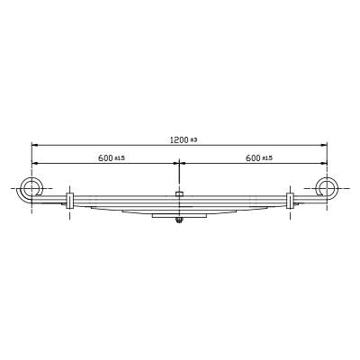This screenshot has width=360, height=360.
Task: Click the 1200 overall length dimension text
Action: tap(179, 139)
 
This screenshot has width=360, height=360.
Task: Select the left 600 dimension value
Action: tap(105, 157)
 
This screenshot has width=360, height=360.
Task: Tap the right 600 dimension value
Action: tap(253, 157)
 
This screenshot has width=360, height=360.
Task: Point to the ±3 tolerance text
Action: tap(193, 140)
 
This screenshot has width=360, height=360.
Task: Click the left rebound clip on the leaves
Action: tap(69, 201)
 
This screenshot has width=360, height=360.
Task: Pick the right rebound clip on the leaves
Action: tap(290, 201)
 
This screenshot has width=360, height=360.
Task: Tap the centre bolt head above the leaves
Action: tap(179, 193)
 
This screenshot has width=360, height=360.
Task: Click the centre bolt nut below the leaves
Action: tap(179, 221)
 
